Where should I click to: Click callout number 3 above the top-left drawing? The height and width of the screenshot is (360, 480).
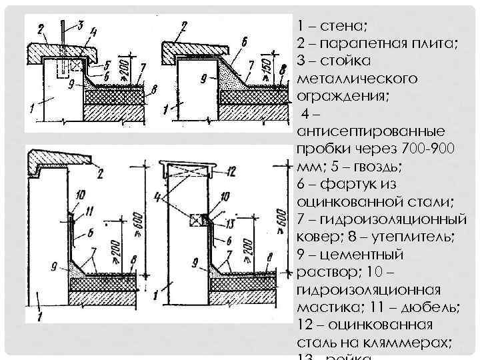click(81, 25)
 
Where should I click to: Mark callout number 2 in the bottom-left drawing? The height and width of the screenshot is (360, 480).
click(101, 174)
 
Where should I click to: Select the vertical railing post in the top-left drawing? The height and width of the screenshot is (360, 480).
click(62, 37)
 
